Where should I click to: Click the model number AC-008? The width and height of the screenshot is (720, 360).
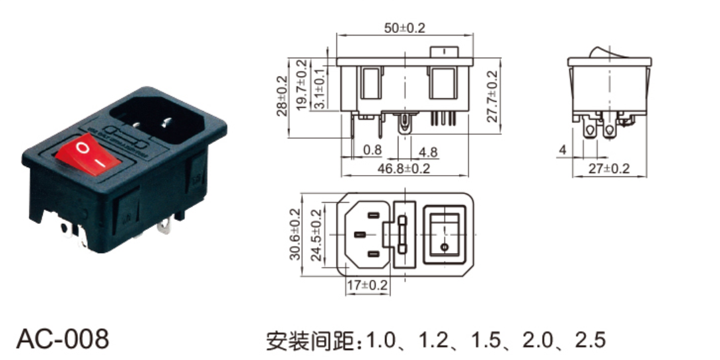(x=62, y=339)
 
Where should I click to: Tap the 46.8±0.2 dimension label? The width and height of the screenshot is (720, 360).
(x=404, y=168)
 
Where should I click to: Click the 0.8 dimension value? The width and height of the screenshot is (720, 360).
(x=373, y=150)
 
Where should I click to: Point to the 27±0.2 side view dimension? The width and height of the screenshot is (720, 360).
(x=608, y=168)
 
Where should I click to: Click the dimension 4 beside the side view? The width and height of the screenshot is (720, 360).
(x=563, y=151)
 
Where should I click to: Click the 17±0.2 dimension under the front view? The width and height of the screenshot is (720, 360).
(x=367, y=285)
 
